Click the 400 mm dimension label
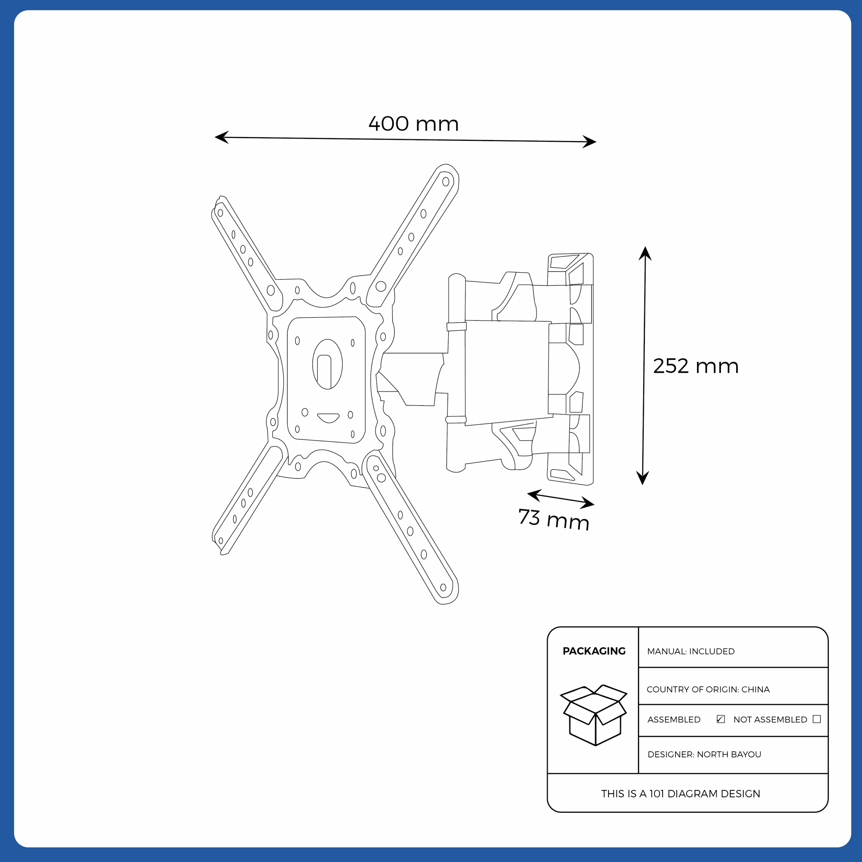[x=413, y=124]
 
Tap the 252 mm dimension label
[x=696, y=366]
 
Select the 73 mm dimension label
[x=554, y=519]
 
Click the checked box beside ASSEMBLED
[x=721, y=719]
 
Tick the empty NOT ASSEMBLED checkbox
[x=817, y=719]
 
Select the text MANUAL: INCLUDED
[x=691, y=652]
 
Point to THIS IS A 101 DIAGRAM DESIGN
[x=681, y=794]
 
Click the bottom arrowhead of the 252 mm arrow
[x=642, y=478]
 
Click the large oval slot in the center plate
[x=328, y=364]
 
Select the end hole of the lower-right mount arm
[x=443, y=588]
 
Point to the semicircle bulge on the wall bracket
[x=573, y=368]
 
